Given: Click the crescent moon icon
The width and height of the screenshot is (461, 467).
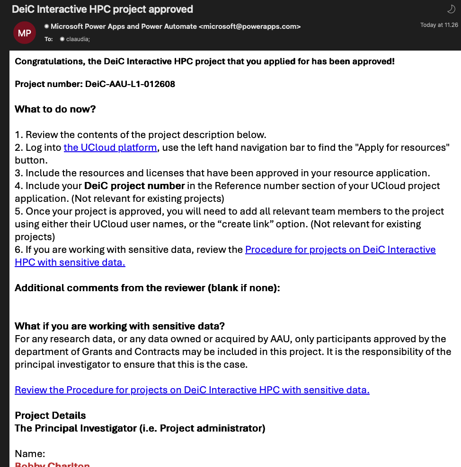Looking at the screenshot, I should pyautogui.click(x=451, y=9).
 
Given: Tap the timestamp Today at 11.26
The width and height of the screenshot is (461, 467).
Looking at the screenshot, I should pyautogui.click(x=439, y=25).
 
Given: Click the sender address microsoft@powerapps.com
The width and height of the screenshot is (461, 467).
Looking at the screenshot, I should pyautogui.click(x=249, y=26).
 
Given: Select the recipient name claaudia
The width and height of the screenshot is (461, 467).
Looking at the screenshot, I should pyautogui.click(x=78, y=39).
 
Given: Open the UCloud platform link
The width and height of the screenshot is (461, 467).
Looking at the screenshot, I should pyautogui.click(x=110, y=147).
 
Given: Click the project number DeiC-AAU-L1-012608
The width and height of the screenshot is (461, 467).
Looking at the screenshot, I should pyautogui.click(x=130, y=84).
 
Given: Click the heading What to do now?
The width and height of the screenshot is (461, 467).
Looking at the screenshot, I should pyautogui.click(x=55, y=109).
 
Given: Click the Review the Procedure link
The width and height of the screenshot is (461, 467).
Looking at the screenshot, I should pyautogui.click(x=192, y=390).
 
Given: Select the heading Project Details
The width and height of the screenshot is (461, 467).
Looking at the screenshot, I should pyautogui.click(x=50, y=415).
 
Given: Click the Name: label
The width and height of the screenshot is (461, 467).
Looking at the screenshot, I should pyautogui.click(x=30, y=454).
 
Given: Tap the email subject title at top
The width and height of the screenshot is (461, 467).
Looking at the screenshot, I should pyautogui.click(x=102, y=9).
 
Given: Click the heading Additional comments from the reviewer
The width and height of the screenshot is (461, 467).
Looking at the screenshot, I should pyautogui.click(x=147, y=288).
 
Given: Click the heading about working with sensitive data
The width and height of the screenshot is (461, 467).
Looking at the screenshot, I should pyautogui.click(x=120, y=326).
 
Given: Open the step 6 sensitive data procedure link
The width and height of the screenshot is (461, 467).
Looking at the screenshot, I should pyautogui.click(x=340, y=250).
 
